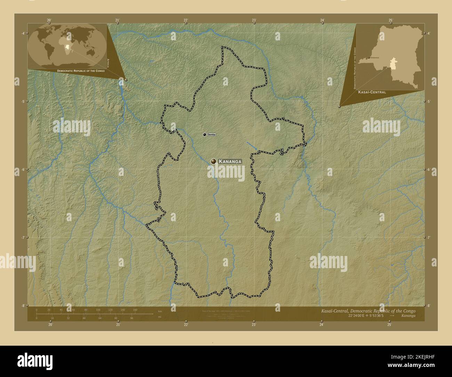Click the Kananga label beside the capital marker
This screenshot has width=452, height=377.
click(x=229, y=161)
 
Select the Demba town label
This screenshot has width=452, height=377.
click(x=211, y=134)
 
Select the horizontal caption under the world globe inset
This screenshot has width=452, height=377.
click(x=81, y=71)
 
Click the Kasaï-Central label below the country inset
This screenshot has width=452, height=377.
click(x=372, y=92)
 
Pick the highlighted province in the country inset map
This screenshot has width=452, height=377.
click(x=394, y=64)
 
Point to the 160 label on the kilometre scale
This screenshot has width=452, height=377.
click(x=135, y=310)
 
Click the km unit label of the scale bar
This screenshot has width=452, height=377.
click(x=160, y=311)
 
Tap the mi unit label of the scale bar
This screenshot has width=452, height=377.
click(x=159, y=317)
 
